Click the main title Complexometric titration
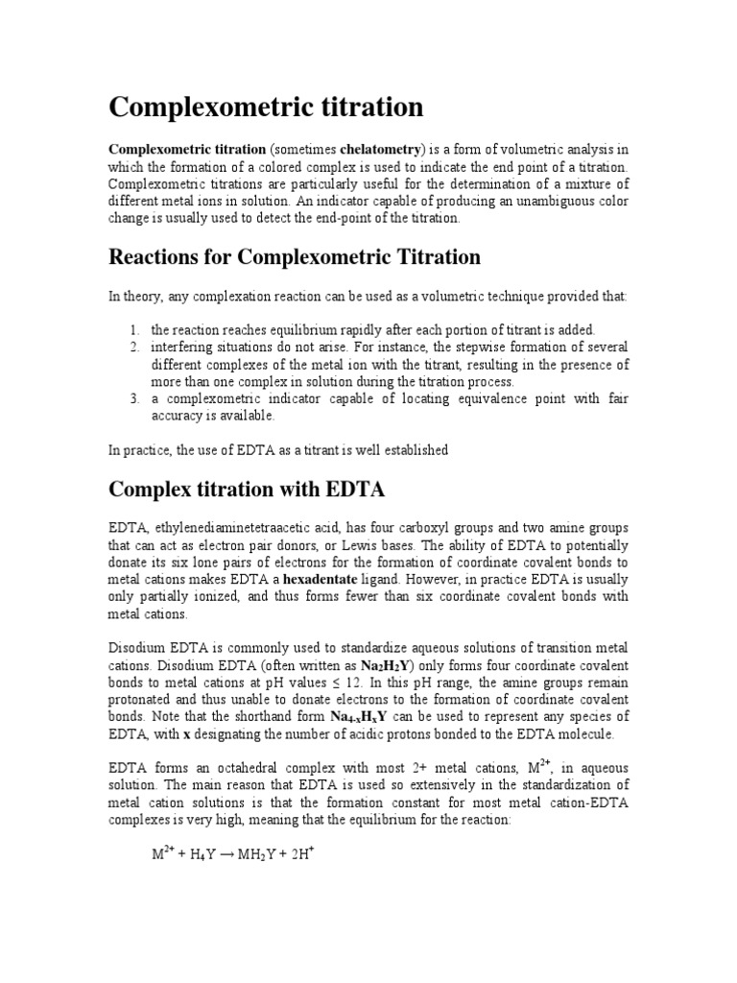266,108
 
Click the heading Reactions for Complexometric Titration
295,257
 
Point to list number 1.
134,330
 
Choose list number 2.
134,347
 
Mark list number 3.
134,398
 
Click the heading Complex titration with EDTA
247,490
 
